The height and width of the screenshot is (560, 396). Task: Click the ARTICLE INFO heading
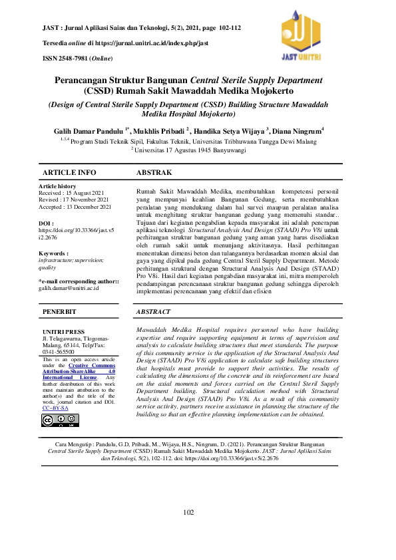point(69,172)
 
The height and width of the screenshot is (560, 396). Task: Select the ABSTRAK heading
point(154,172)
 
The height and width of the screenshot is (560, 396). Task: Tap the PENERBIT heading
point(60,311)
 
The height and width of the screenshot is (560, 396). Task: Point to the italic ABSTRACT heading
point(153,311)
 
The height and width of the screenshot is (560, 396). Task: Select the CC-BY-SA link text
point(55,408)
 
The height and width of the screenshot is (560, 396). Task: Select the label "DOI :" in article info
point(46,223)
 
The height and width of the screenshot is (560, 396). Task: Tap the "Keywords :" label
point(54,253)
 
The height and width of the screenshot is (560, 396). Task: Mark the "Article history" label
point(58,186)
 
